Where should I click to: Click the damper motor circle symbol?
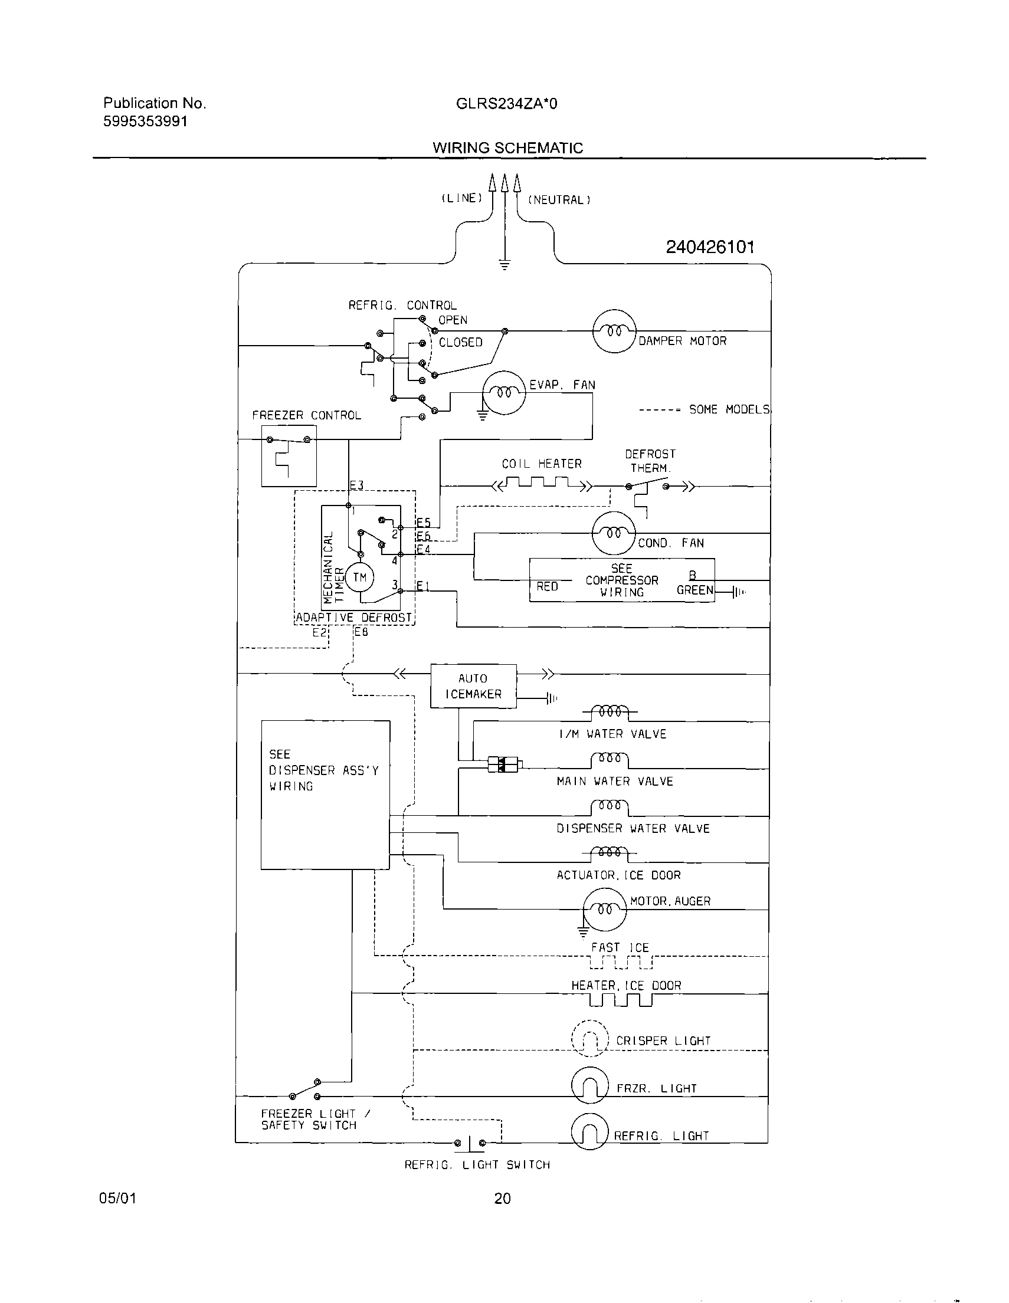click(x=614, y=331)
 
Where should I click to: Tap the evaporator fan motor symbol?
click(x=503, y=392)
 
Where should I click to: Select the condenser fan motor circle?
click(x=614, y=533)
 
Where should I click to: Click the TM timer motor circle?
click(x=359, y=577)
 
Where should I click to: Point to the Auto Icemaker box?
click(x=473, y=686)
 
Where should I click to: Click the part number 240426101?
click(x=710, y=247)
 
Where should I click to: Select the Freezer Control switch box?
click(x=289, y=456)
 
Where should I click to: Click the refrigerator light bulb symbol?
click(x=589, y=1132)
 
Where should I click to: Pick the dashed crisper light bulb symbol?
click(x=589, y=1039)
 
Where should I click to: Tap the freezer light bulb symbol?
click(x=589, y=1085)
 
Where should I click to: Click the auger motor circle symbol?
click(x=604, y=909)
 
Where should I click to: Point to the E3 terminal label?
click(x=356, y=485)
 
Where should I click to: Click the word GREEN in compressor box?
click(x=694, y=590)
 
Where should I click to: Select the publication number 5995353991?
click(x=146, y=121)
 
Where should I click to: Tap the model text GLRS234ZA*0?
click(x=506, y=104)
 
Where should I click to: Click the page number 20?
click(x=502, y=1198)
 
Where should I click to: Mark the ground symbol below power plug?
click(x=505, y=265)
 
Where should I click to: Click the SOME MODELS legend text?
click(x=729, y=409)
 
